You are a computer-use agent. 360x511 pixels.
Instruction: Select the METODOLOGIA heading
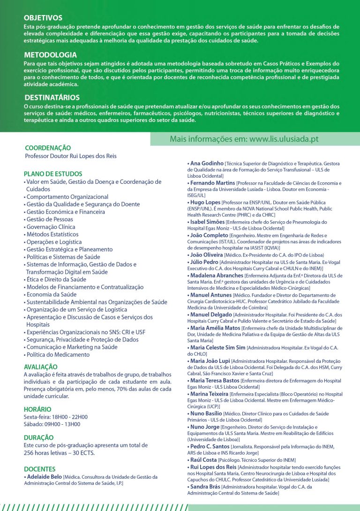pos(50,55)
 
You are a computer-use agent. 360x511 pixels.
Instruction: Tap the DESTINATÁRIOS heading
pos(52,98)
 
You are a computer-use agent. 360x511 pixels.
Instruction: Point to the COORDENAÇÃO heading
pos(48,148)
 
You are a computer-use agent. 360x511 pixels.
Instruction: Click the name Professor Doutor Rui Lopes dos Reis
pos(71,156)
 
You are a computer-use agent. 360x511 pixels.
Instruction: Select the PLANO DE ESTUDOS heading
pos(53,173)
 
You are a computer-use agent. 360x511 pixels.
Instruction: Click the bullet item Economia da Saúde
pos(51,294)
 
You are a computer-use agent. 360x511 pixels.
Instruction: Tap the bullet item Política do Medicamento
pos(58,354)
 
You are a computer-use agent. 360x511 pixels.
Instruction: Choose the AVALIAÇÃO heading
pos(41,367)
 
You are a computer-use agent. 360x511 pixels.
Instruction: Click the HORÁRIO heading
pos(37,409)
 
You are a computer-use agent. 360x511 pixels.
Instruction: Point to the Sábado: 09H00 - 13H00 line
pos(52,424)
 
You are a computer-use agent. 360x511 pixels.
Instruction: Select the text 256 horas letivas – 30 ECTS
pos(60,453)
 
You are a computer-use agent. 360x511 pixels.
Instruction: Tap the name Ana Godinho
pos(207,163)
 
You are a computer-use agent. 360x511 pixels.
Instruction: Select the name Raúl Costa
pos(203,460)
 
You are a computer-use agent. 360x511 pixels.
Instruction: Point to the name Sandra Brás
pos(205,487)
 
